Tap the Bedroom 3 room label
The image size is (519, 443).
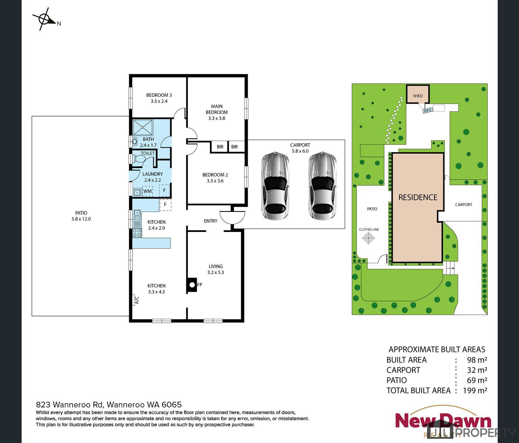click(159, 95)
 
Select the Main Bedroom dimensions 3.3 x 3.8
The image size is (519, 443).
click(217, 118)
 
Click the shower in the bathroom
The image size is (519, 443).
click(143, 127)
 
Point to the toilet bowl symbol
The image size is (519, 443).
click(137, 158)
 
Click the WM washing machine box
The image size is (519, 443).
click(147, 191)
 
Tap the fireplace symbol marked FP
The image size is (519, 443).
click(191, 285)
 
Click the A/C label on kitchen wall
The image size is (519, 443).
click(137, 300)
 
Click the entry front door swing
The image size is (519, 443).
click(232, 217)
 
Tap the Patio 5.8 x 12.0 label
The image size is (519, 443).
click(81, 216)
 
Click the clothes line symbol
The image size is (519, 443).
click(369, 238)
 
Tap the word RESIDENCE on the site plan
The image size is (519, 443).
click(418, 197)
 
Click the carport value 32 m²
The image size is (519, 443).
click(477, 370)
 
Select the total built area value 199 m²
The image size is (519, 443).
click(475, 390)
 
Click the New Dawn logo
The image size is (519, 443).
click(443, 421)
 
